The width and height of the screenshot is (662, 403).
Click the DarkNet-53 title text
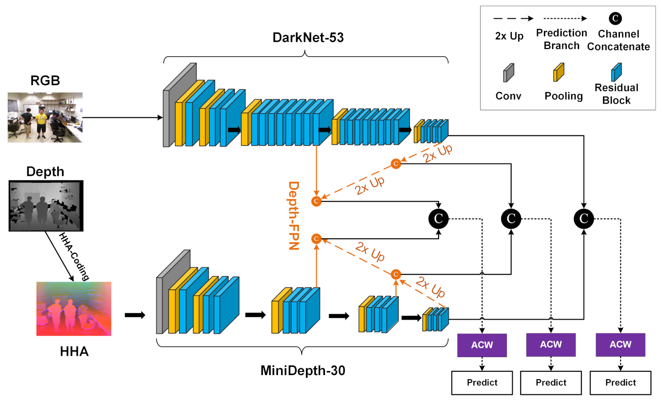pyautogui.click(x=308, y=38)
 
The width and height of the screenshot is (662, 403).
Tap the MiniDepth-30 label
pyautogui.click(x=303, y=370)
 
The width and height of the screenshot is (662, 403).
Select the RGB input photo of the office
pyautogui.click(x=45, y=117)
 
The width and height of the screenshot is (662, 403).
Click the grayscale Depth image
pyautogui.click(x=46, y=206)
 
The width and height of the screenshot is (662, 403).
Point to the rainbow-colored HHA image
pyautogui.click(x=74, y=309)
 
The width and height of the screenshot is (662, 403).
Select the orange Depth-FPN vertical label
pyautogui.click(x=293, y=215)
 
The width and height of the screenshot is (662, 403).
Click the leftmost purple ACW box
pyautogui.click(x=482, y=345)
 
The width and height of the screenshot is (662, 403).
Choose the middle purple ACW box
pyautogui.click(x=551, y=345)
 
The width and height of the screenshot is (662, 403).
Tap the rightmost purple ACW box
pyautogui.click(x=620, y=345)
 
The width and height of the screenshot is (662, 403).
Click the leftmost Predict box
pyautogui.click(x=482, y=382)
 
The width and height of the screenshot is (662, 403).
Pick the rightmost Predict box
pyautogui.click(x=620, y=382)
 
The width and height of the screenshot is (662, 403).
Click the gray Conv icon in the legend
pyautogui.click(x=508, y=73)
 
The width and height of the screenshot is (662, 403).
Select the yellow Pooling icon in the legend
pyautogui.click(x=559, y=72)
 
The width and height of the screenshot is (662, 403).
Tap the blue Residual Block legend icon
pyautogui.click(x=616, y=72)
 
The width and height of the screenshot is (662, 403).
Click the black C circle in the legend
pyautogui.click(x=615, y=18)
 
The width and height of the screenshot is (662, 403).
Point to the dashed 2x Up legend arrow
pyautogui.click(x=513, y=19)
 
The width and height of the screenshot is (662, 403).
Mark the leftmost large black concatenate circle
pyautogui.click(x=438, y=219)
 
